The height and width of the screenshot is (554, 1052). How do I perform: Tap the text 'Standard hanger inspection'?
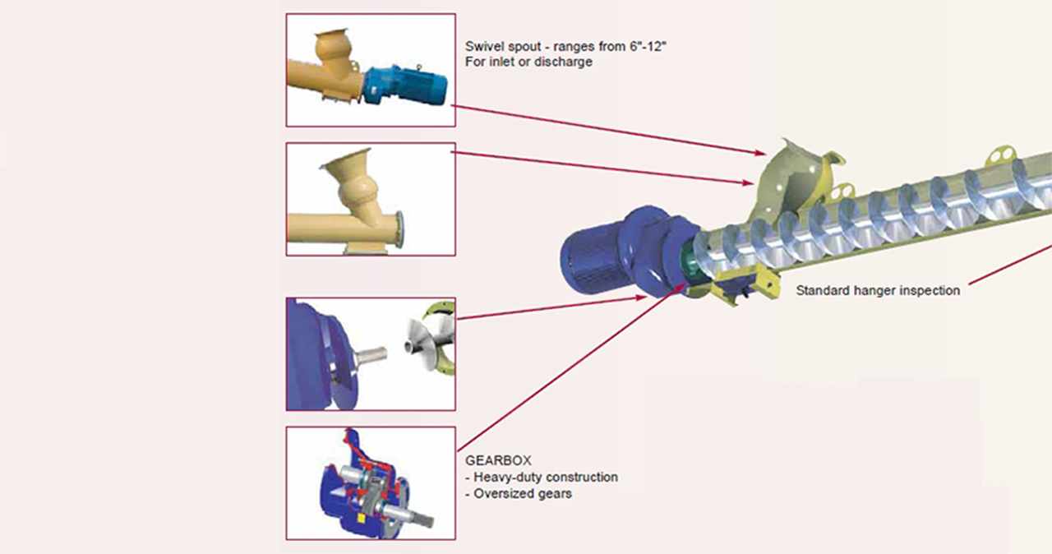878,290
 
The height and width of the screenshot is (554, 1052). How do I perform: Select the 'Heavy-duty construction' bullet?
545,477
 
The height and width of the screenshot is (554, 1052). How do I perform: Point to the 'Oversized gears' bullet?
523,493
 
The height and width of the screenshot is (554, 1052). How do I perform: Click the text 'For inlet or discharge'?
528,62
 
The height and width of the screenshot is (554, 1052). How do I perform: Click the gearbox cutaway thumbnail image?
371,482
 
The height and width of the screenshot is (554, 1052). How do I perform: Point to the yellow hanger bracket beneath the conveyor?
748,284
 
